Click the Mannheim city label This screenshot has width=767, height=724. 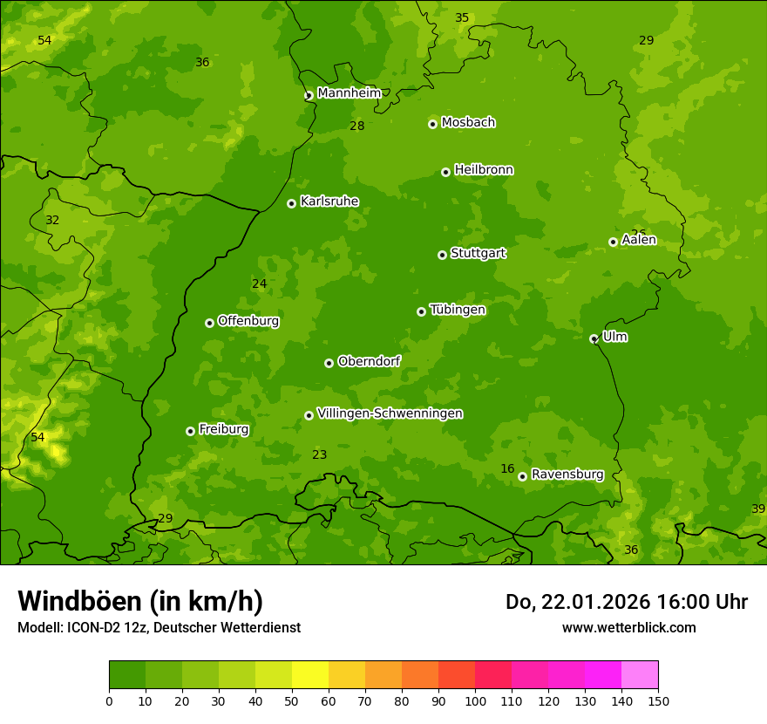pyautogui.click(x=349, y=93)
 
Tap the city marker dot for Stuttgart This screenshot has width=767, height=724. pyautogui.click(x=442, y=255)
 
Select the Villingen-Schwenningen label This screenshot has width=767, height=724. pyautogui.click(x=390, y=413)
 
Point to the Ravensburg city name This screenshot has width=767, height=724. pyautogui.click(x=567, y=475)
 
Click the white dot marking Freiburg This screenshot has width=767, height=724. pyautogui.click(x=190, y=431)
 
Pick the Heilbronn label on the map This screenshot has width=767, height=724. pyautogui.click(x=484, y=170)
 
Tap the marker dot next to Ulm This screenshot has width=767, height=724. pyautogui.click(x=594, y=338)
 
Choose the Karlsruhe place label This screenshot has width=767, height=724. pyautogui.click(x=329, y=201)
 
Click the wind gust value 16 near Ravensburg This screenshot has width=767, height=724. pyautogui.click(x=507, y=469)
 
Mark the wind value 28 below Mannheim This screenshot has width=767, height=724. pyautogui.click(x=357, y=126)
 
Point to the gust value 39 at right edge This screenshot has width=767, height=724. pyautogui.click(x=758, y=509)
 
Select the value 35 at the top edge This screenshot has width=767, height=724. pyautogui.click(x=462, y=18)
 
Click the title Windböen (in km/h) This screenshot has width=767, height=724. pyautogui.click(x=140, y=601)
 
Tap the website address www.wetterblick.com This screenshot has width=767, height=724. pyautogui.click(x=628, y=627)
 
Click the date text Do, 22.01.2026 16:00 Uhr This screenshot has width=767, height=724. pyautogui.click(x=626, y=602)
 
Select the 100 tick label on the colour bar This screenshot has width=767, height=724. pyautogui.click(x=475, y=700)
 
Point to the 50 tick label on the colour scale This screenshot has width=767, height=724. pyautogui.click(x=292, y=700)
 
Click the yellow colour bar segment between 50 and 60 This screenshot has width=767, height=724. pyautogui.click(x=310, y=675)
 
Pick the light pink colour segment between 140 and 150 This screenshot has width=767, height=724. pyautogui.click(x=640, y=675)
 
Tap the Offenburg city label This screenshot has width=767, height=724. pyautogui.click(x=248, y=321)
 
